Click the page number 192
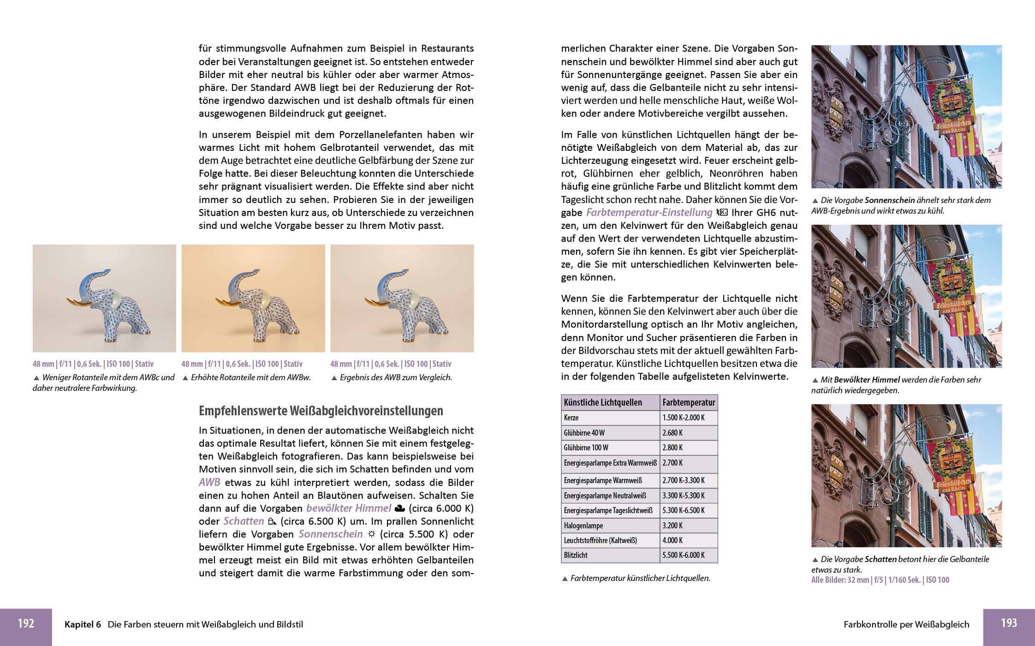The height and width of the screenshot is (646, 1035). (x=26, y=624)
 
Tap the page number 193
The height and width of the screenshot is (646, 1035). (x=1009, y=623)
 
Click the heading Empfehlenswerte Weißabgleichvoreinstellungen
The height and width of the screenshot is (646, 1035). (x=321, y=411)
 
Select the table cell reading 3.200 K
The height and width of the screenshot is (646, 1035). (x=672, y=526)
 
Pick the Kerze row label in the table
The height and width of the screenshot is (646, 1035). (x=571, y=418)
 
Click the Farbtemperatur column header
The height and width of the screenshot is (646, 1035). (x=689, y=402)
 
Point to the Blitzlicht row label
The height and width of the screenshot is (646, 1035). (x=576, y=556)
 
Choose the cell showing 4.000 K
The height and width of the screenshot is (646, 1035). (x=672, y=540)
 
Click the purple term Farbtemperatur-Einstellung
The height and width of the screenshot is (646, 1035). (x=649, y=213)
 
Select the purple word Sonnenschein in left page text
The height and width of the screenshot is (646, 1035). (x=330, y=534)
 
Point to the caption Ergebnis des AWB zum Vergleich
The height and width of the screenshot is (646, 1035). (x=395, y=377)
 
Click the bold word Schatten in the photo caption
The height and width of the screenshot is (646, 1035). (x=880, y=559)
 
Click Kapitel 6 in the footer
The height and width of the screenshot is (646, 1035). (x=83, y=625)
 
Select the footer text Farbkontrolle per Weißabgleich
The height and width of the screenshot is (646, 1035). (x=906, y=625)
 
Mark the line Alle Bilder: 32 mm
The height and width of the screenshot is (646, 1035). (x=880, y=580)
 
